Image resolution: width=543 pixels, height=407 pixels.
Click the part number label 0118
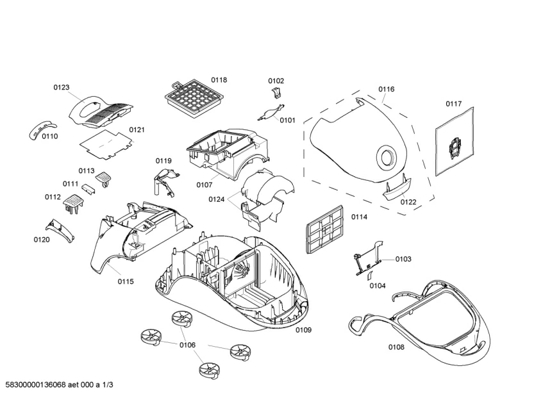(x=219, y=80)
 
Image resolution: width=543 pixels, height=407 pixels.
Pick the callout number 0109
(x=303, y=330)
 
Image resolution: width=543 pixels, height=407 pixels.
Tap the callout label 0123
(x=62, y=87)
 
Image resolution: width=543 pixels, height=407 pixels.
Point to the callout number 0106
(x=187, y=345)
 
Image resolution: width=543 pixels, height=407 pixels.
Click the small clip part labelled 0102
(x=276, y=94)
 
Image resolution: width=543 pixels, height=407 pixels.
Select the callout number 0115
(x=126, y=281)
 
